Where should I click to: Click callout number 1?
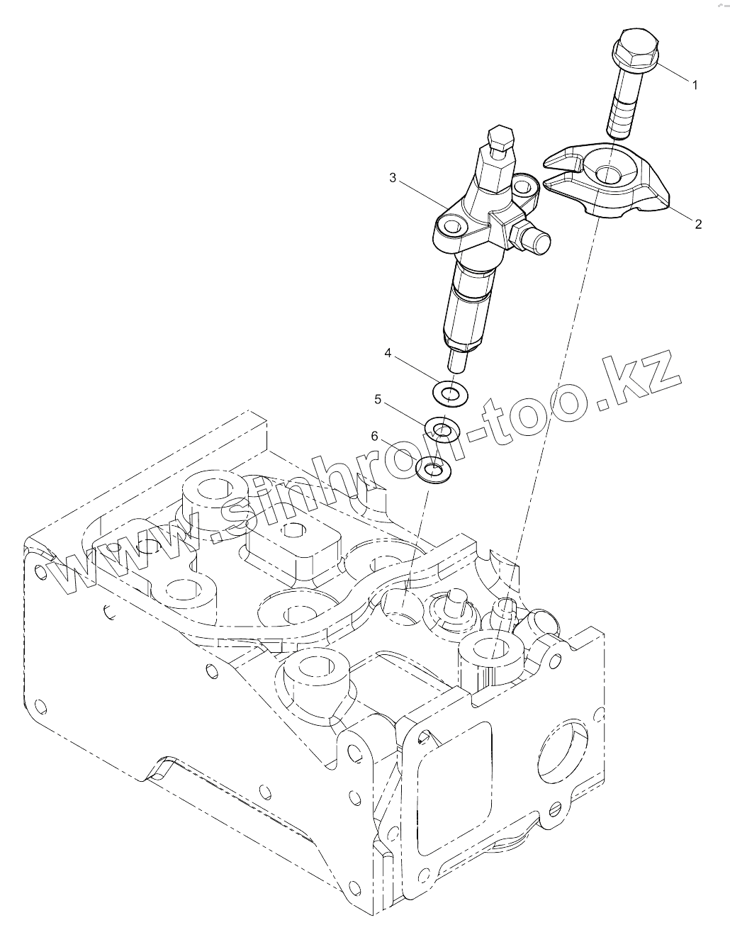(695, 85)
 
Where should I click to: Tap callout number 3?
(393, 178)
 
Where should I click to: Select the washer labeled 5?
(442, 429)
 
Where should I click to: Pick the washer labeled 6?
(432, 469)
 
